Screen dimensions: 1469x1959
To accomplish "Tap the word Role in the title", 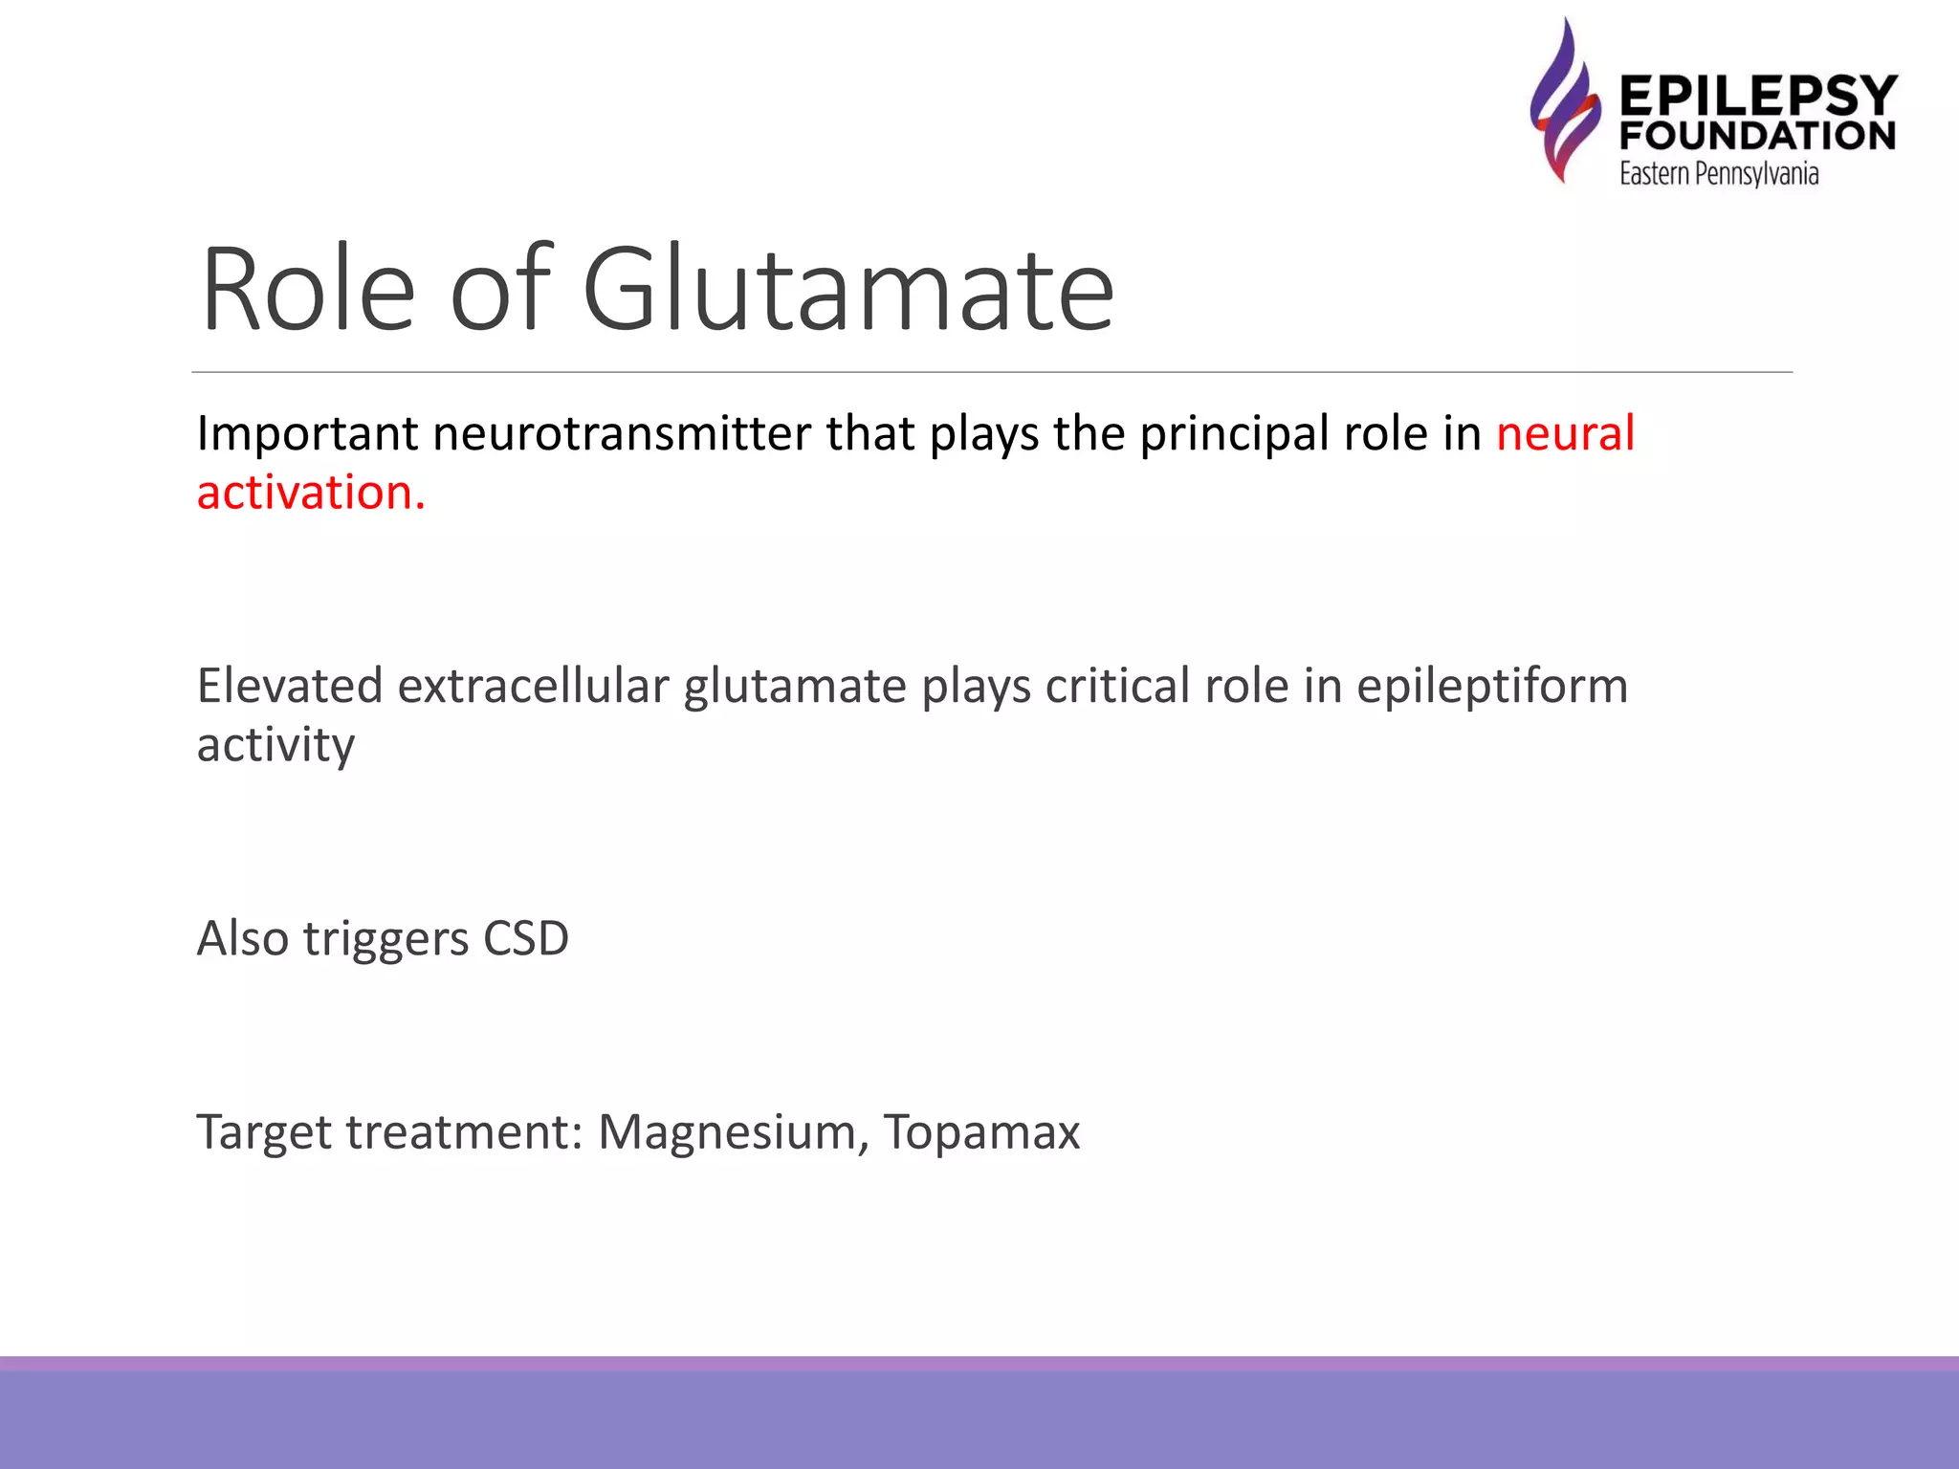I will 308,289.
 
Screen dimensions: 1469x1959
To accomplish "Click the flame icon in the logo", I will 1565,100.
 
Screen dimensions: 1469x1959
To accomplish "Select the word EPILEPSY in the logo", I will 1758,96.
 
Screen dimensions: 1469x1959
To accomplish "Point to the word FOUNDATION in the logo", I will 1758,136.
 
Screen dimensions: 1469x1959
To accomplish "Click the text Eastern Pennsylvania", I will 1719,174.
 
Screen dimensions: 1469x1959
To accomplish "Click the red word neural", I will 1565,433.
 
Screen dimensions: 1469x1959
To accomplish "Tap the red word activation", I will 310,493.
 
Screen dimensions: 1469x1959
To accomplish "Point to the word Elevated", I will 290,686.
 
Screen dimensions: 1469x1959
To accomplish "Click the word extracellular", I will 533,686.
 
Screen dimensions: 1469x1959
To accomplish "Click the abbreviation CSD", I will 526,938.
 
